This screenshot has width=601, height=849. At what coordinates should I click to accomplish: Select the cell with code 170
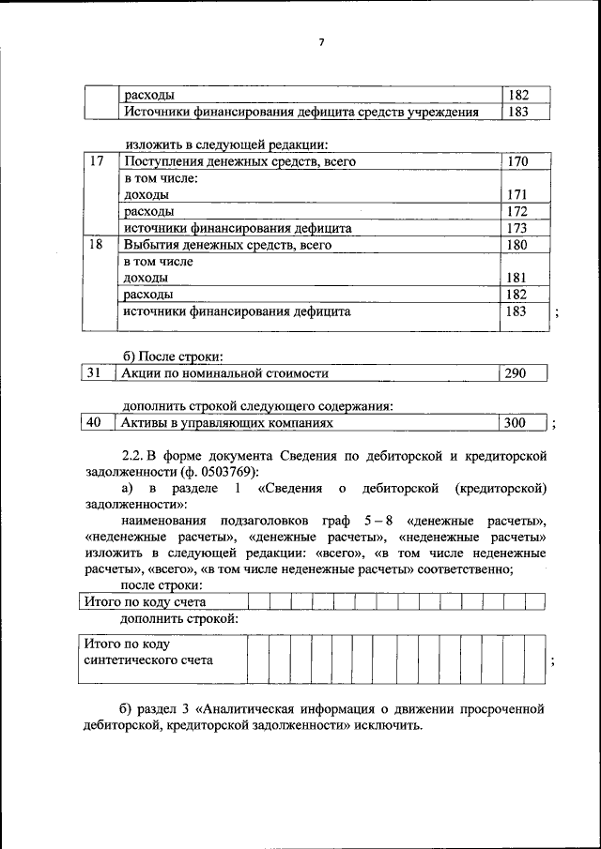click(517, 162)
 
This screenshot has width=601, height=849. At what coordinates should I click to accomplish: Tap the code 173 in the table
click(517, 228)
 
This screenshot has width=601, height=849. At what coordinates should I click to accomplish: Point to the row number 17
click(95, 162)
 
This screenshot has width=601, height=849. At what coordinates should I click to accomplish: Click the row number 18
click(95, 245)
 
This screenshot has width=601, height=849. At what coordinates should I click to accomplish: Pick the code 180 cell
click(517, 245)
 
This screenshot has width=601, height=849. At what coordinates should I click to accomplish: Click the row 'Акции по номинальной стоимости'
click(225, 373)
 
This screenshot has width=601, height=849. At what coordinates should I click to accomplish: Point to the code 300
click(516, 423)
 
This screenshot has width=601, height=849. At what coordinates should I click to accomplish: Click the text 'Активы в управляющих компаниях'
click(228, 423)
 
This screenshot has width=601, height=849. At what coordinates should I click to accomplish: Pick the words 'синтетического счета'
click(148, 659)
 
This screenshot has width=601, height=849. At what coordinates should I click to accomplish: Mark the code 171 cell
click(517, 195)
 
